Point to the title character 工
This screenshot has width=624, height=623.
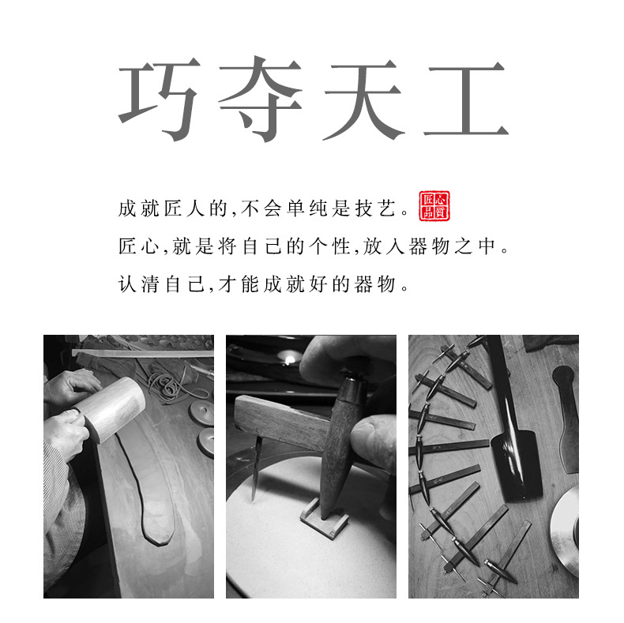[464, 101]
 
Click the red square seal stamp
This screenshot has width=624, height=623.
[434, 207]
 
